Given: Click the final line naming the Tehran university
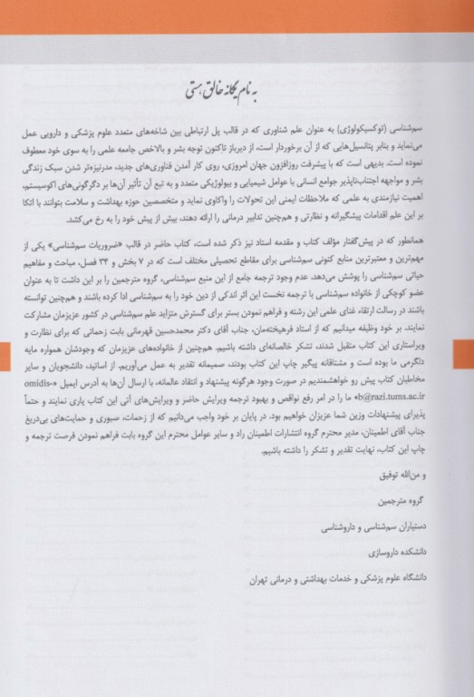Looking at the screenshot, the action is click(344, 576).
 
